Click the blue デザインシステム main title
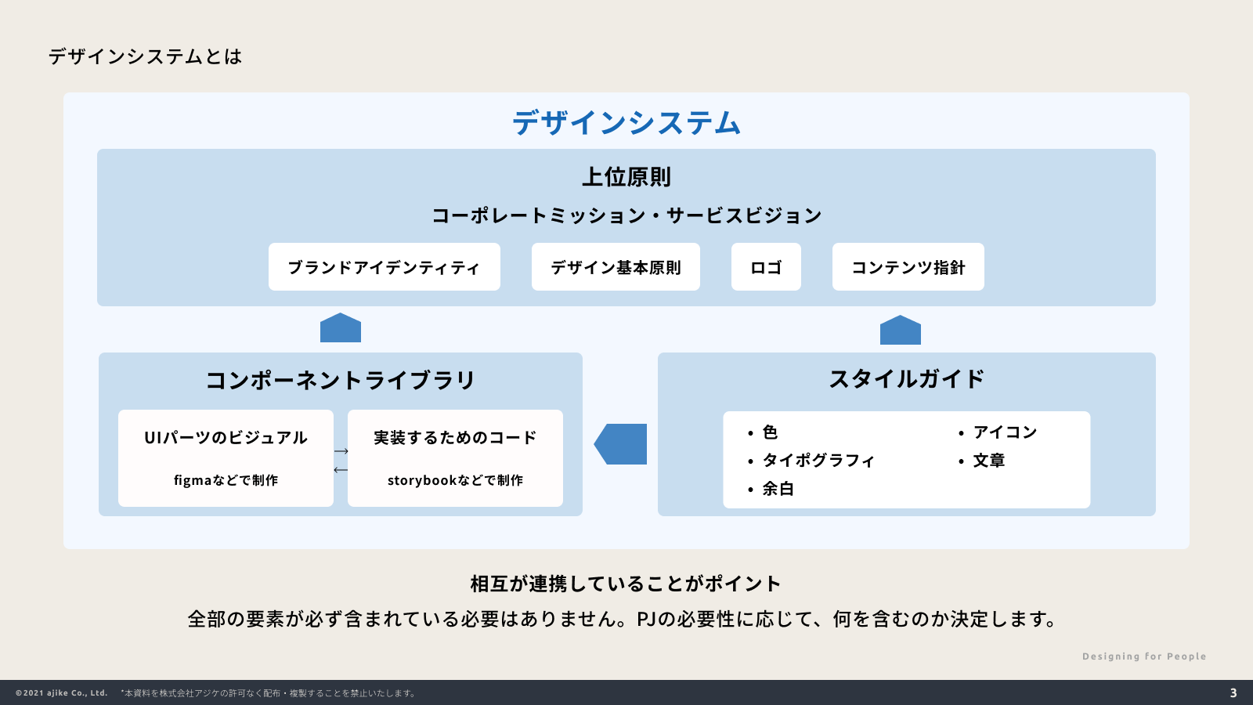(x=626, y=123)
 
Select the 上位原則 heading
(x=626, y=177)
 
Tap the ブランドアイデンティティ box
(x=384, y=267)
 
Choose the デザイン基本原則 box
(x=616, y=267)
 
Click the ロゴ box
(x=766, y=267)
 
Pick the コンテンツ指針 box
(x=908, y=267)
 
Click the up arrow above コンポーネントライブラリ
(x=341, y=328)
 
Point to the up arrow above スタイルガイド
(x=901, y=331)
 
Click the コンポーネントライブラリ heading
(x=341, y=380)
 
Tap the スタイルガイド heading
(x=907, y=379)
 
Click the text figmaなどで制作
(x=226, y=480)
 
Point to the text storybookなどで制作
(x=455, y=480)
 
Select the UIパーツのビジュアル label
(x=226, y=438)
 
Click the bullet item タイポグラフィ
(x=818, y=461)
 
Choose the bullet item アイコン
(x=1005, y=432)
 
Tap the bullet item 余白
(x=778, y=489)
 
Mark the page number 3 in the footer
(x=1233, y=693)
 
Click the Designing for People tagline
(x=1144, y=656)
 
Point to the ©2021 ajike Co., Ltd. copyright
(x=61, y=693)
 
